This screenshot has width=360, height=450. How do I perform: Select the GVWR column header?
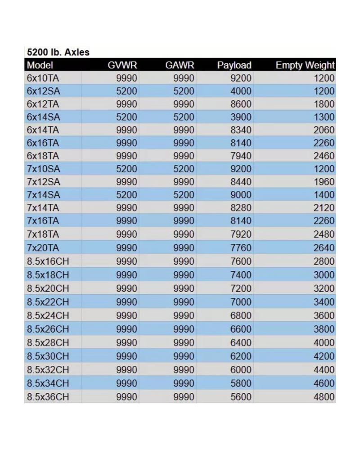122,65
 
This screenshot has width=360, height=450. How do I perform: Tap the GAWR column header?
180,65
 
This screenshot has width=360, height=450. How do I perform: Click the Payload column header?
234,65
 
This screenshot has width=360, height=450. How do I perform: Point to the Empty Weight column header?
305,65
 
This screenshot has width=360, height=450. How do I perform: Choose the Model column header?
40,65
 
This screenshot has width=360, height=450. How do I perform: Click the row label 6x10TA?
43,78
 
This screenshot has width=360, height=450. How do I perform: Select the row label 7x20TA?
43,248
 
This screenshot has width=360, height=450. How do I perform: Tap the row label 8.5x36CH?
49,397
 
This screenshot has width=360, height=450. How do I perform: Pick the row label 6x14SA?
43,117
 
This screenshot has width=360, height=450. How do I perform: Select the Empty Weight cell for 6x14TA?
324,130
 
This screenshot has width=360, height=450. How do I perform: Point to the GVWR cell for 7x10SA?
127,170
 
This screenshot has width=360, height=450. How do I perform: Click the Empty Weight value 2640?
324,248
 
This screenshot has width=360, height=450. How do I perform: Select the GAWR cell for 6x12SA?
184,91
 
